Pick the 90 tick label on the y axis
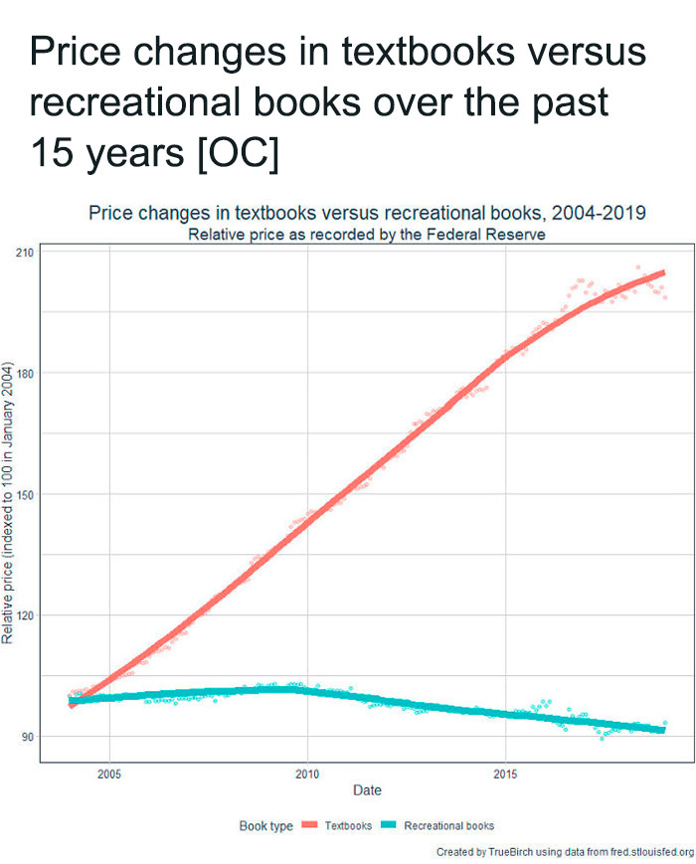(x=28, y=737)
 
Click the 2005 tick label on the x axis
(x=109, y=773)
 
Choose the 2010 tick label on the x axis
(x=307, y=773)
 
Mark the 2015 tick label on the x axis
(x=506, y=773)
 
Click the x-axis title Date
(x=367, y=790)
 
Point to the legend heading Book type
(x=265, y=825)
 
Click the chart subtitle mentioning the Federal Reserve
(x=367, y=235)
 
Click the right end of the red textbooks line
(x=662, y=272)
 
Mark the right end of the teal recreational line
(x=662, y=730)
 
